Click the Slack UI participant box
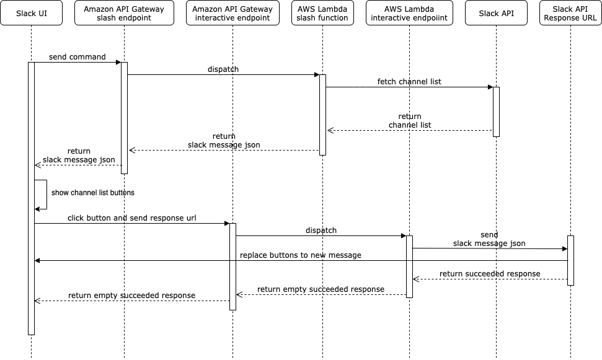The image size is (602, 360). [x=31, y=13]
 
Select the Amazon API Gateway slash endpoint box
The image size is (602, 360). [x=124, y=13]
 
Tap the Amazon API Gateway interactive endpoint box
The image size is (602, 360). [x=232, y=13]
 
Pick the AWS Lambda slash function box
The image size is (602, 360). [x=322, y=13]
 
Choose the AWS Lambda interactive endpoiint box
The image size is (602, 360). [x=409, y=13]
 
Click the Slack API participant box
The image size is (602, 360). [x=496, y=13]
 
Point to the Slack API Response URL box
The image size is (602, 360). [x=570, y=13]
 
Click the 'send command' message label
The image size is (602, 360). [x=77, y=57]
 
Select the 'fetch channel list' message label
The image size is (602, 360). [x=409, y=82]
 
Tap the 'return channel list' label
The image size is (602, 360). [x=409, y=121]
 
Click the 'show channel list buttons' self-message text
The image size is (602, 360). [x=93, y=193]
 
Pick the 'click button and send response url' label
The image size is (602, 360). [x=133, y=219]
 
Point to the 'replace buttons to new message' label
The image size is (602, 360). [x=301, y=255]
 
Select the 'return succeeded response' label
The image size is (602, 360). [x=490, y=274]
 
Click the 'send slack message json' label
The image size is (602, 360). [x=489, y=240]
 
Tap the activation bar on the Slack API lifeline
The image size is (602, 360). [x=496, y=112]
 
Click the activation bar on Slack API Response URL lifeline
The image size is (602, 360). [x=570, y=260]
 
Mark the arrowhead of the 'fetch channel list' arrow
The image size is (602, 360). [x=490, y=87]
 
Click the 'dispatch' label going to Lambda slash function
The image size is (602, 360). [x=223, y=69]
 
